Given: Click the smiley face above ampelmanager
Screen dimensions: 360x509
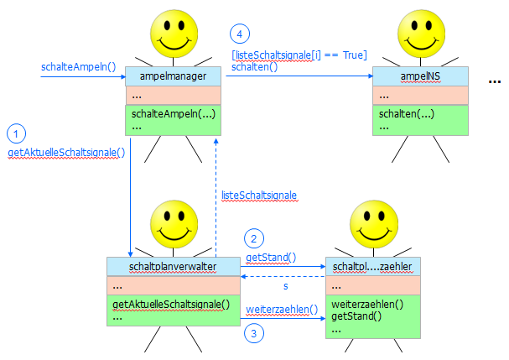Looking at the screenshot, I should pos(173,33).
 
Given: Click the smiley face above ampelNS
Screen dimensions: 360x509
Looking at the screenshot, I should pos(419,33).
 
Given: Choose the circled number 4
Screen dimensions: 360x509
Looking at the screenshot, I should pos(241,34).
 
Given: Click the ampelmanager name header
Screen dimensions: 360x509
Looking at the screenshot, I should pos(173,76).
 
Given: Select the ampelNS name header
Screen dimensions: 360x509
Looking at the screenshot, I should pos(419,76).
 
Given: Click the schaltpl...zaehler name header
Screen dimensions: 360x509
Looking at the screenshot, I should pos(373,266).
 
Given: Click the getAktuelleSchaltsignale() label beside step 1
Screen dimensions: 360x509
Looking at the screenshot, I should pos(65,153).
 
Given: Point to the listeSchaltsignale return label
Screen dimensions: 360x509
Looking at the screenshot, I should pos(259,196).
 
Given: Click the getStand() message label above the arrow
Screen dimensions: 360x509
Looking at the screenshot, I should pos(271,257).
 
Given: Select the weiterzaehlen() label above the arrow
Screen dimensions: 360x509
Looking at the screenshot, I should pos(282,309).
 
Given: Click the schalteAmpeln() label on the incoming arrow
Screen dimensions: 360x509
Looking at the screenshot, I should pos(77,66).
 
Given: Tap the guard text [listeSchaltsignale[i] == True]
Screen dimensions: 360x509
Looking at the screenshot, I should pos(299,55).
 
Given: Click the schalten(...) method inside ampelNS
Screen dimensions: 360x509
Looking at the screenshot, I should pos(406,113).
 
